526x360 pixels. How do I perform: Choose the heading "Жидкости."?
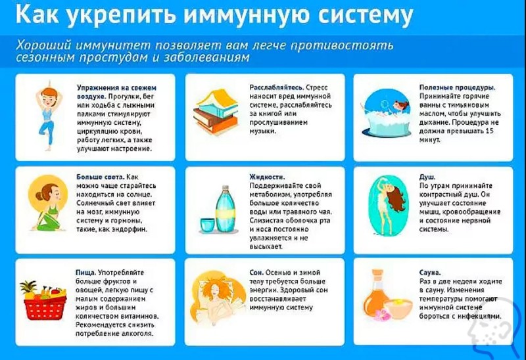tap(267, 177)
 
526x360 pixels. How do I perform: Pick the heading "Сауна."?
tap(431, 272)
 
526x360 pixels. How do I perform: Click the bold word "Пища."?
tap(86, 272)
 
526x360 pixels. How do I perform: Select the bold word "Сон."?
tap(256, 272)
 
